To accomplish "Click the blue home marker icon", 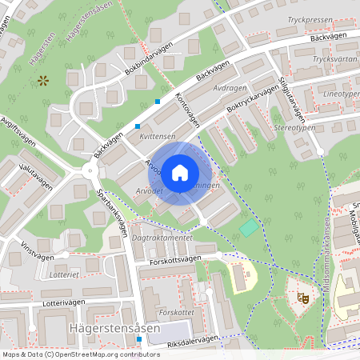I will point(180,172).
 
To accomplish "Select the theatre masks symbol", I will point(303,298).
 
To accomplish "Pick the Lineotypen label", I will point(340,94).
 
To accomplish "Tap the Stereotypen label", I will point(294,127).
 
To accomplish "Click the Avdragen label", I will point(231,88).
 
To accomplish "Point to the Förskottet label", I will point(174,312).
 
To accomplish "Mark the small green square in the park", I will point(249,227).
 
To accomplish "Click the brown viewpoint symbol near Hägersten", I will point(42,80).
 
